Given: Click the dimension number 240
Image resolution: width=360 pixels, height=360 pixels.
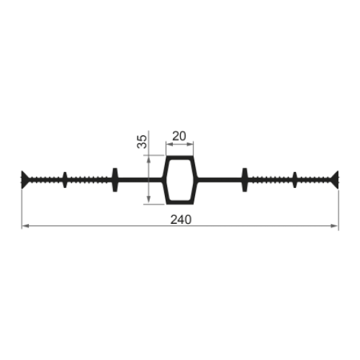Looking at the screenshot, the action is tap(181, 220).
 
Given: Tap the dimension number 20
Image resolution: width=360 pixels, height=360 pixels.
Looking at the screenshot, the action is tap(179, 136).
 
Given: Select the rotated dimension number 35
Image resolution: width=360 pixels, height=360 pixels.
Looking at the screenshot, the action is tap(142, 142).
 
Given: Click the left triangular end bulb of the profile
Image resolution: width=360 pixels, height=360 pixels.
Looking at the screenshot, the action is tap(24, 179).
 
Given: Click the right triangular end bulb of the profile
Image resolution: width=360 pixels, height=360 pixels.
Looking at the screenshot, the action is tap(335, 179).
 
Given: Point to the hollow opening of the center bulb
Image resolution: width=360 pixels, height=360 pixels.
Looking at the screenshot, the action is tap(180, 180).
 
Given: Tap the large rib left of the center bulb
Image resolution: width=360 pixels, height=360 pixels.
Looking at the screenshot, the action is tap(115, 180).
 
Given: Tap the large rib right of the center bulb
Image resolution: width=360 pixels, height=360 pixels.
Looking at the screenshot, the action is tap(245, 180).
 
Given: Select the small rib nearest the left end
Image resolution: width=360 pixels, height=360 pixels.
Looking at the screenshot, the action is tap(65, 180).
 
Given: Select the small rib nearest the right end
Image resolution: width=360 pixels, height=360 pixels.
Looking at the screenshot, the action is tap(294, 180).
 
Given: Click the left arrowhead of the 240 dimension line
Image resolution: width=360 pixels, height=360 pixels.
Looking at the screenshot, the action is tap(25, 226).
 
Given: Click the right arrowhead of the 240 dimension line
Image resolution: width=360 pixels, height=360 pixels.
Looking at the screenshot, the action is tap(335, 226).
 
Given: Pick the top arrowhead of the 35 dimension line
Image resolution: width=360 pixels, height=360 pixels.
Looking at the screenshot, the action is tap(148, 158).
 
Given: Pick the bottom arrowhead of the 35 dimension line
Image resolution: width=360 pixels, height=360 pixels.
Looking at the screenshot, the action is tap(148, 199).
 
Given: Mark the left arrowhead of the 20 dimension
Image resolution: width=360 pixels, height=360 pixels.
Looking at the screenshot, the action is tap(169, 144).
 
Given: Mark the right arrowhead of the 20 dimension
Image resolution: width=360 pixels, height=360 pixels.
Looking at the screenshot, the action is tap(190, 144).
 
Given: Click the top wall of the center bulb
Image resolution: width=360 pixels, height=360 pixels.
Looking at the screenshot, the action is tap(180, 158).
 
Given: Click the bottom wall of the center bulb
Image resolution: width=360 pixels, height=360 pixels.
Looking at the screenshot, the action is tap(180, 202).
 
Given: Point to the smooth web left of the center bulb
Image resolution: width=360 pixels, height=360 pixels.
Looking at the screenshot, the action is tap(140, 180).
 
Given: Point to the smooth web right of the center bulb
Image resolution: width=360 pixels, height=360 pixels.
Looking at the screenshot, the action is tap(220, 180).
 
